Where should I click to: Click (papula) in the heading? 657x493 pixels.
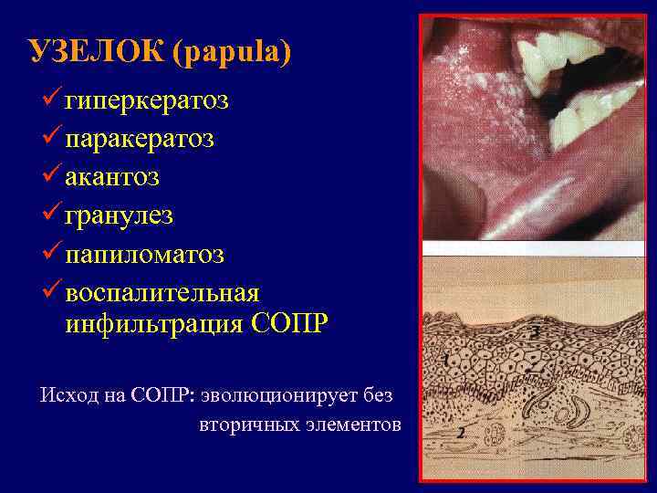point(238,52)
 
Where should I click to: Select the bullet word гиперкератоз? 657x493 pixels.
point(147,100)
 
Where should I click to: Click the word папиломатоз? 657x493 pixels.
point(144,254)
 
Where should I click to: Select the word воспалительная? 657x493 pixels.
point(162,293)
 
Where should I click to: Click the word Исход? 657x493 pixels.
point(68,395)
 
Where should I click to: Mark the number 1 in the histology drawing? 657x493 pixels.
point(444,361)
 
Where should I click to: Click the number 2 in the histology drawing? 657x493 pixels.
point(461,434)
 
